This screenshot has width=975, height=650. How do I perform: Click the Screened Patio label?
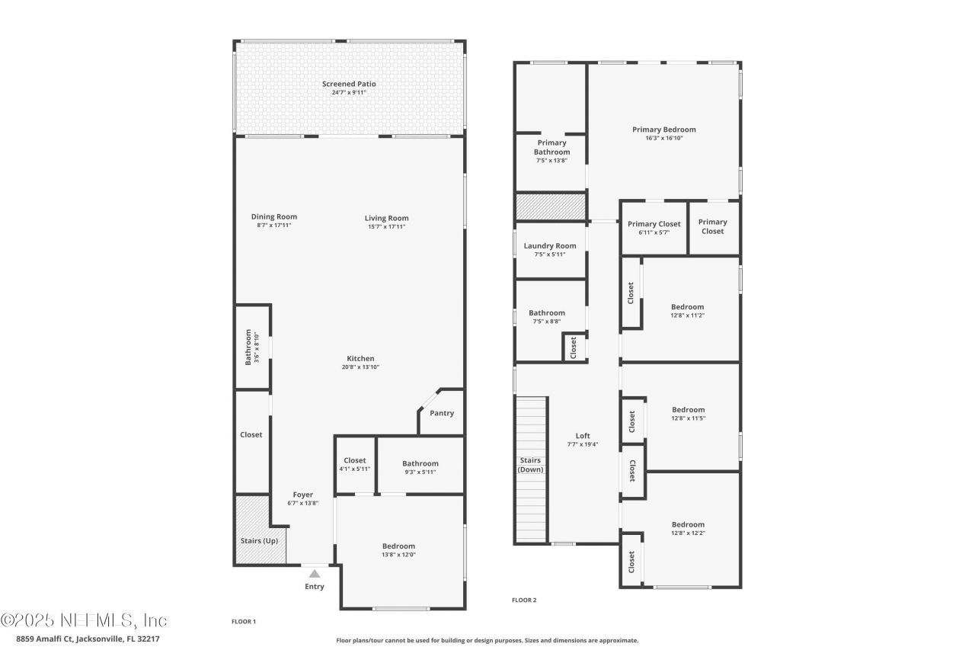349,84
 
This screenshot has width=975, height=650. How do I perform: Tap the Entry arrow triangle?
315,573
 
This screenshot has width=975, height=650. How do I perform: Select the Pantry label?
442,413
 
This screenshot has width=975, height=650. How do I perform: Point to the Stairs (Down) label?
530,465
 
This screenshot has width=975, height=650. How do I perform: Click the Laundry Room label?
550,245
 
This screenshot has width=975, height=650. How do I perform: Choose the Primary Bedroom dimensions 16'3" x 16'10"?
663,138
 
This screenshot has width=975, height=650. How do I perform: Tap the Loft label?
583,436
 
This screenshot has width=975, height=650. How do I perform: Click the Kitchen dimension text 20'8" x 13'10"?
360,367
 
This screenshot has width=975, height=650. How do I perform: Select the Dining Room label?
274,216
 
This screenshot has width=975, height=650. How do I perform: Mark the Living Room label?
386,218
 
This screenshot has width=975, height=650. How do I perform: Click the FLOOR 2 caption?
524,600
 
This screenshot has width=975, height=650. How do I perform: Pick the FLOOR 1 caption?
244,622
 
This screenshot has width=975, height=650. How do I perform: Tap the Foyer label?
303,495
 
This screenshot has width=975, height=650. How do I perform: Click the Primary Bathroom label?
551,147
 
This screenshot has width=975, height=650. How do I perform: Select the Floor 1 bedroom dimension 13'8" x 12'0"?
398,555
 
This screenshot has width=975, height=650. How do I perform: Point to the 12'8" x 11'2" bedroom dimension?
688,315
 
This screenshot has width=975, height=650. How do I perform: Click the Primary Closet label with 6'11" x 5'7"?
654,224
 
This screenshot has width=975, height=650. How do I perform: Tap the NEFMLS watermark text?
84,620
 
